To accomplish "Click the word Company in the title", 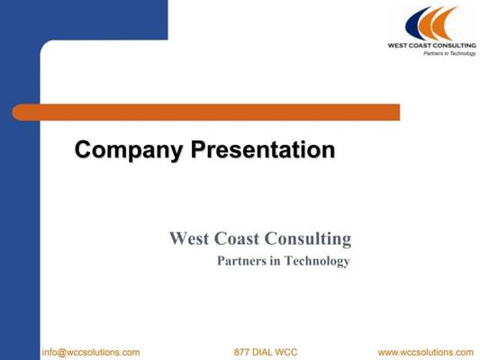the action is pyautogui.click(x=129, y=150).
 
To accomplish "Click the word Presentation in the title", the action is pyautogui.click(x=263, y=149).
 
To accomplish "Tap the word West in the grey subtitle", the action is pyautogui.click(x=189, y=238).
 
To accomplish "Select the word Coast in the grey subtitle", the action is pyautogui.click(x=237, y=238).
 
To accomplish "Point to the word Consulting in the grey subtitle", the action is pyautogui.click(x=308, y=239).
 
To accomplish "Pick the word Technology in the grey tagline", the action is pyautogui.click(x=317, y=262).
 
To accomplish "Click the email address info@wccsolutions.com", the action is pyautogui.click(x=91, y=353).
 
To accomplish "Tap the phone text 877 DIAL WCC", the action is pyautogui.click(x=266, y=353).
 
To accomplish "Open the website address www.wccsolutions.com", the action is pyautogui.click(x=426, y=353).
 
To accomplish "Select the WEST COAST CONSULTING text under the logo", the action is pyautogui.click(x=432, y=46).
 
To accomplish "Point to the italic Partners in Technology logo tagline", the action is pyautogui.click(x=449, y=53).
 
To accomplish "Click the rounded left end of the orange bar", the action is pyautogui.click(x=14, y=112).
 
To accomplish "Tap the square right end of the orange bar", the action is pyautogui.click(x=399, y=112).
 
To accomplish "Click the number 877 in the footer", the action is pyautogui.click(x=241, y=353).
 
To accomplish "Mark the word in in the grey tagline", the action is pyautogui.click(x=276, y=261).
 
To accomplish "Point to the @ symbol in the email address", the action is pyautogui.click(x=62, y=353).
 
